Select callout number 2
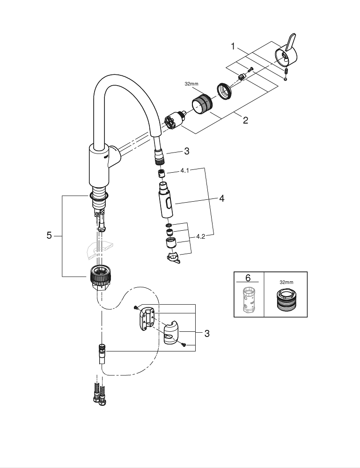coord(245,120)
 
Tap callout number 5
coord(49,236)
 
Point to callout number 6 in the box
coord(248,278)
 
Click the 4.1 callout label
coord(184,171)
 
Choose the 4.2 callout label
coord(200,237)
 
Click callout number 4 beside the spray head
coord(221,199)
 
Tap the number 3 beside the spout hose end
coord(186,151)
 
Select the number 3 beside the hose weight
coord(206,334)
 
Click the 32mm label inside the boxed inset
coord(286,283)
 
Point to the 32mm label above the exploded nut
coord(191,84)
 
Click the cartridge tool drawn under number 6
coord(248,299)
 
